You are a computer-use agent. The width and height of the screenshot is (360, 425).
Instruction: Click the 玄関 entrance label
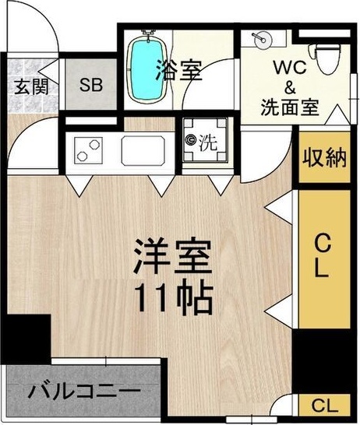(29, 85)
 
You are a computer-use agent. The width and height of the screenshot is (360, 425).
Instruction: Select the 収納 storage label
(323, 158)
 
